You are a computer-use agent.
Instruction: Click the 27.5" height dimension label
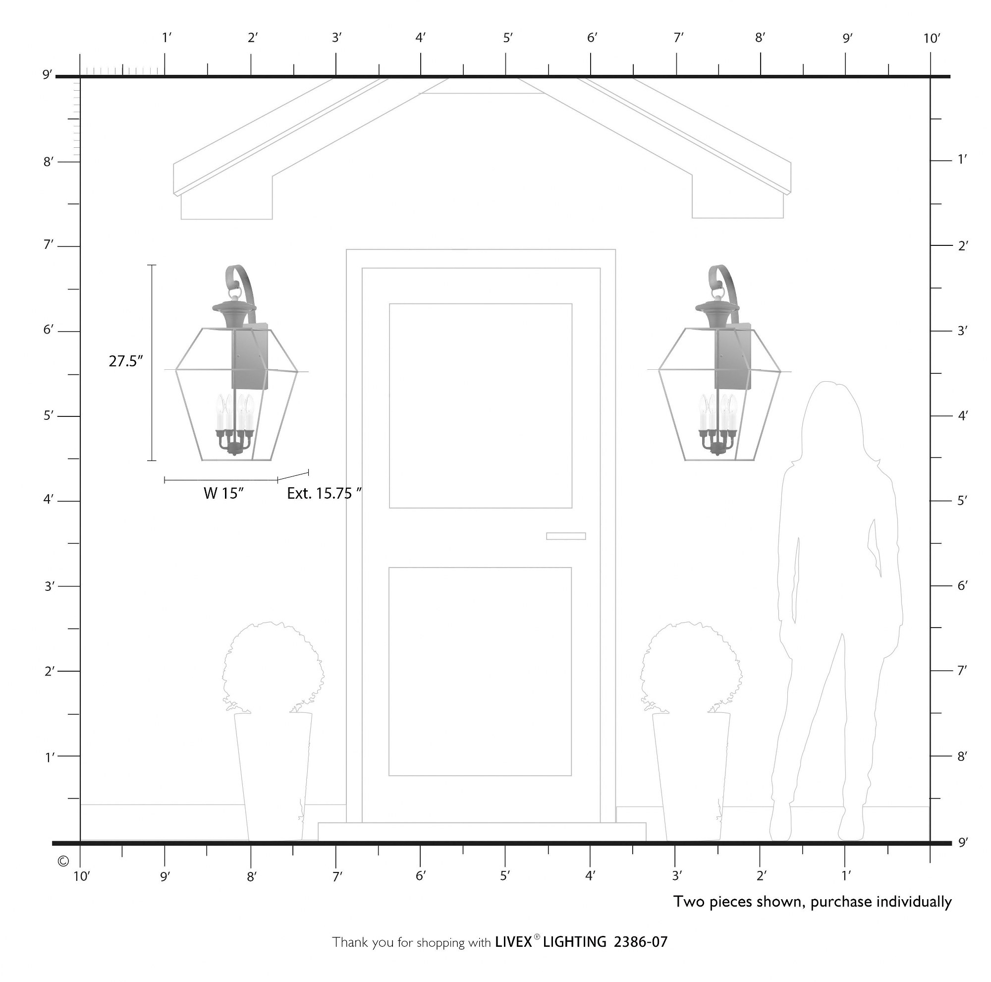(126, 361)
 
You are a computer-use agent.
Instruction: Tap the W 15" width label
(223, 494)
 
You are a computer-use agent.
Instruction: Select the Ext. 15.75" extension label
(324, 494)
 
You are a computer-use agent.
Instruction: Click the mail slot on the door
(566, 536)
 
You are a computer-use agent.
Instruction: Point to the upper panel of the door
(481, 406)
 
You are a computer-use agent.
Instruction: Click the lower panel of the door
(480, 672)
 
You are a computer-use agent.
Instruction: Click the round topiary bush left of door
(273, 668)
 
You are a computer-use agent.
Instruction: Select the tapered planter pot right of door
(691, 777)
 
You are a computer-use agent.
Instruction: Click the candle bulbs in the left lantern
(235, 412)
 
